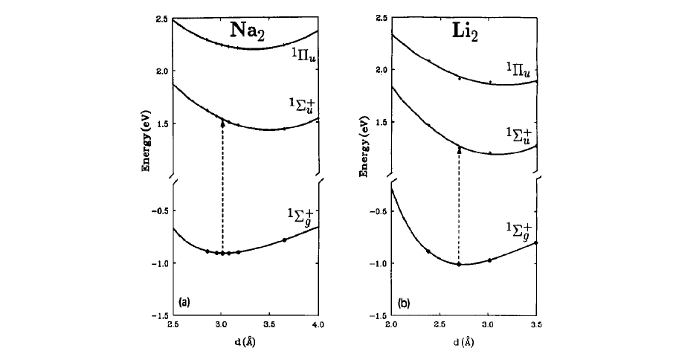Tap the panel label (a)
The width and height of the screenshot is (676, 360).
pyautogui.click(x=184, y=302)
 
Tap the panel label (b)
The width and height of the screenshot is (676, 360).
pyautogui.click(x=403, y=303)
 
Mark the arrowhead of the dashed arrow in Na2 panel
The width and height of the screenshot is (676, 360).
pyautogui.click(x=222, y=122)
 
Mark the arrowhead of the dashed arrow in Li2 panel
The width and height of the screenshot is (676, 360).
pyautogui.click(x=459, y=150)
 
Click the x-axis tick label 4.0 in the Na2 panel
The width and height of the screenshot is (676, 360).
pyautogui.click(x=318, y=325)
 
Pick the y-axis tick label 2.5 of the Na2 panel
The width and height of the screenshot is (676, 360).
pyautogui.click(x=162, y=18)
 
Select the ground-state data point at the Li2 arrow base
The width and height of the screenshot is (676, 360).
pyautogui.click(x=459, y=264)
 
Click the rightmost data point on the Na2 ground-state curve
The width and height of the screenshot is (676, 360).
pyautogui.click(x=284, y=240)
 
